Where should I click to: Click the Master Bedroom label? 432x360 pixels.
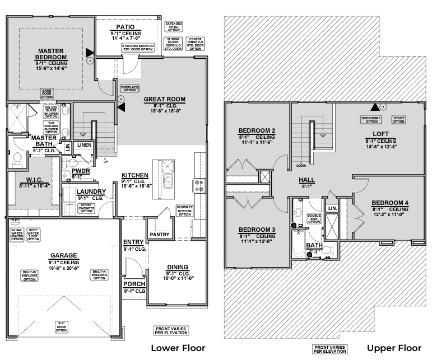(51, 54)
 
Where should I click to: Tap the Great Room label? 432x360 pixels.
(161, 99)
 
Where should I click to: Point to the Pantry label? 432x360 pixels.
(160, 234)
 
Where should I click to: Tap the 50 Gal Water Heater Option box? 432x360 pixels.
(17, 233)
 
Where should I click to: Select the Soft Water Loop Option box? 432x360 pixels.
(33, 233)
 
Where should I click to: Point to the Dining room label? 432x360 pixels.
(177, 267)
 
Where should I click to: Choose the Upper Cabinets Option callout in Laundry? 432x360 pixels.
(86, 208)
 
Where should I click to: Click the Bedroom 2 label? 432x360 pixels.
(257, 131)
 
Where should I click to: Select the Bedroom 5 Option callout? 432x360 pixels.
(371, 119)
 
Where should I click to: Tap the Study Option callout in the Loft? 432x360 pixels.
(398, 119)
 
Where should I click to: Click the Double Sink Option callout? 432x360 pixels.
(314, 218)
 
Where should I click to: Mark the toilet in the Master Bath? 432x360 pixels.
(17, 158)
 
